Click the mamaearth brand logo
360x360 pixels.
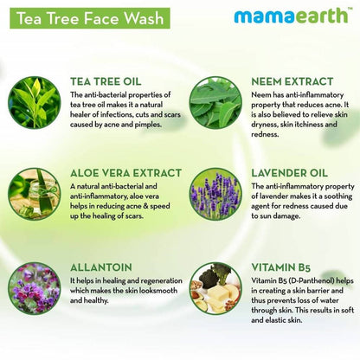click(x=293, y=16)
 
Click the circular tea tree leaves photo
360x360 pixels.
click(x=35, y=102)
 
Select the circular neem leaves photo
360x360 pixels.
click(x=215, y=102)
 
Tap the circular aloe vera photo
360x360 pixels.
click(x=35, y=195)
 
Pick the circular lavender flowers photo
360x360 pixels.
click(x=215, y=195)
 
